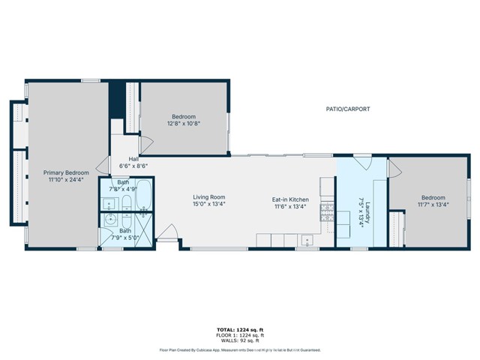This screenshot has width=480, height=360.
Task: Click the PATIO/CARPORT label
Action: tap(348, 109)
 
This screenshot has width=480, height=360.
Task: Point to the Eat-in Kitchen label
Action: tap(290, 199)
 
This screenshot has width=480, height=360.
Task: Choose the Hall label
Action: tap(133, 159)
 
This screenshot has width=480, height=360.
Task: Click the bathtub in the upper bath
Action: tap(145, 196)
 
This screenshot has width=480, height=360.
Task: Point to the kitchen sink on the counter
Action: tap(307, 241)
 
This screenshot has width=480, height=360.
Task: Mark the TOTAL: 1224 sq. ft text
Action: tap(239, 329)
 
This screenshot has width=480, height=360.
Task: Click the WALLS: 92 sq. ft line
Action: tap(239, 341)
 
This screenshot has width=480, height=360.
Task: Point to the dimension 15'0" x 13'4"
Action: tap(208, 204)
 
